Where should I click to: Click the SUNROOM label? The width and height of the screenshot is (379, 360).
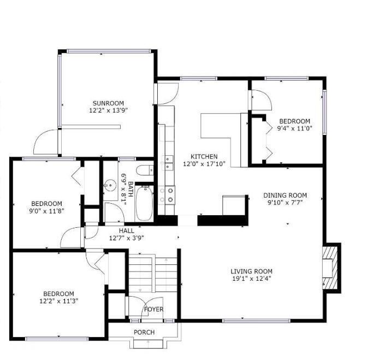click(108, 103)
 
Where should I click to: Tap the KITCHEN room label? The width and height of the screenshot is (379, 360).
click(204, 157)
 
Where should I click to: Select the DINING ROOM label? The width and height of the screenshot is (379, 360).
click(285, 195)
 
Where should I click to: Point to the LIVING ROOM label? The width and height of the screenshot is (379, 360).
click(251, 272)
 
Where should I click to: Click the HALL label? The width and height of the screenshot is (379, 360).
click(126, 231)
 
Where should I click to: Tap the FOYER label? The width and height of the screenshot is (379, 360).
click(153, 310)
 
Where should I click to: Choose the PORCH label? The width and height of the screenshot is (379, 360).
click(144, 332)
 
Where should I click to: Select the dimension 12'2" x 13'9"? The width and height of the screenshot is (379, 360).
click(108, 110)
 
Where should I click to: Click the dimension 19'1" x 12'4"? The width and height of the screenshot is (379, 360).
click(251, 279)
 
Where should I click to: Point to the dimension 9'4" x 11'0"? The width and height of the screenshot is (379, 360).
click(294, 128)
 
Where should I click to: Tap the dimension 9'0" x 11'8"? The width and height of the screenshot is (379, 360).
click(46, 211)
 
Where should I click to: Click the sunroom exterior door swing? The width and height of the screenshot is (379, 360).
click(46, 143)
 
